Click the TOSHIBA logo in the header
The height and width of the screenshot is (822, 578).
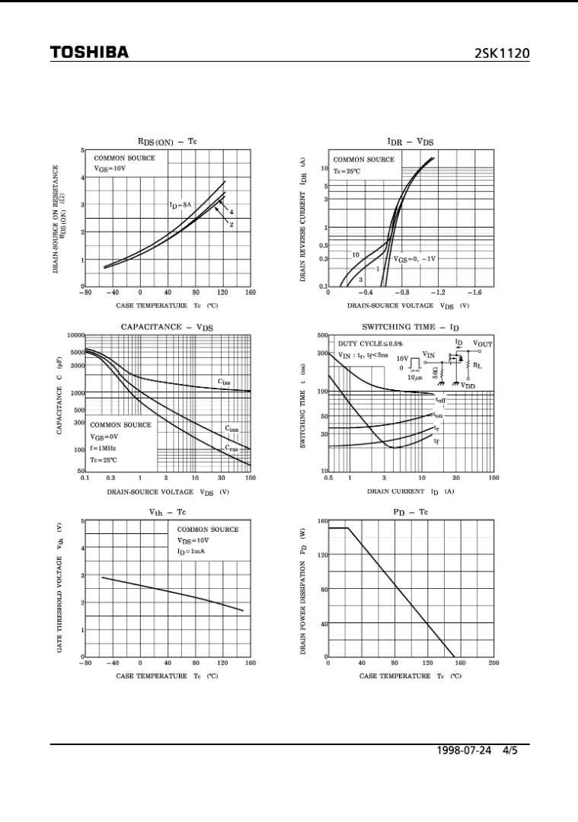[89, 53]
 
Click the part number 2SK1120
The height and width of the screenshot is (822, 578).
[502, 53]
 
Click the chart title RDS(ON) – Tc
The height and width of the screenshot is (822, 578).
[167, 142]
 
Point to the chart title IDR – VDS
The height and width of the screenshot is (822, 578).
[410, 142]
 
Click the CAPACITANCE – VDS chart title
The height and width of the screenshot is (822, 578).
[167, 327]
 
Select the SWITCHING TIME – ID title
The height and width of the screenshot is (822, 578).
[410, 327]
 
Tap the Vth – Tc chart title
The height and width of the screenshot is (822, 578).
[167, 512]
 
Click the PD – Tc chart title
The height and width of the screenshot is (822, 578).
[410, 512]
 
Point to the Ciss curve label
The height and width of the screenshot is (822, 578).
[224, 382]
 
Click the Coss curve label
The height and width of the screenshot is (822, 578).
[232, 429]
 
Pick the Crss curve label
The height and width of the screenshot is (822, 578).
[232, 449]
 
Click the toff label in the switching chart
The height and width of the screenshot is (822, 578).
[440, 400]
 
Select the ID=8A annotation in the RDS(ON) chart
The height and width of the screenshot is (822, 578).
[180, 205]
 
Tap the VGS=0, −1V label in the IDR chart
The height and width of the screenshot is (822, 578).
[415, 259]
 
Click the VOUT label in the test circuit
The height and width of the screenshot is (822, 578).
[483, 344]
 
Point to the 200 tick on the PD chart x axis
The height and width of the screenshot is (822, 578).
[493, 663]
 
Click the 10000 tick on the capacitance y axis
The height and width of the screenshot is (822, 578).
[75, 336]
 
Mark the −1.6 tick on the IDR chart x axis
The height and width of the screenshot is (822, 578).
[474, 292]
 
